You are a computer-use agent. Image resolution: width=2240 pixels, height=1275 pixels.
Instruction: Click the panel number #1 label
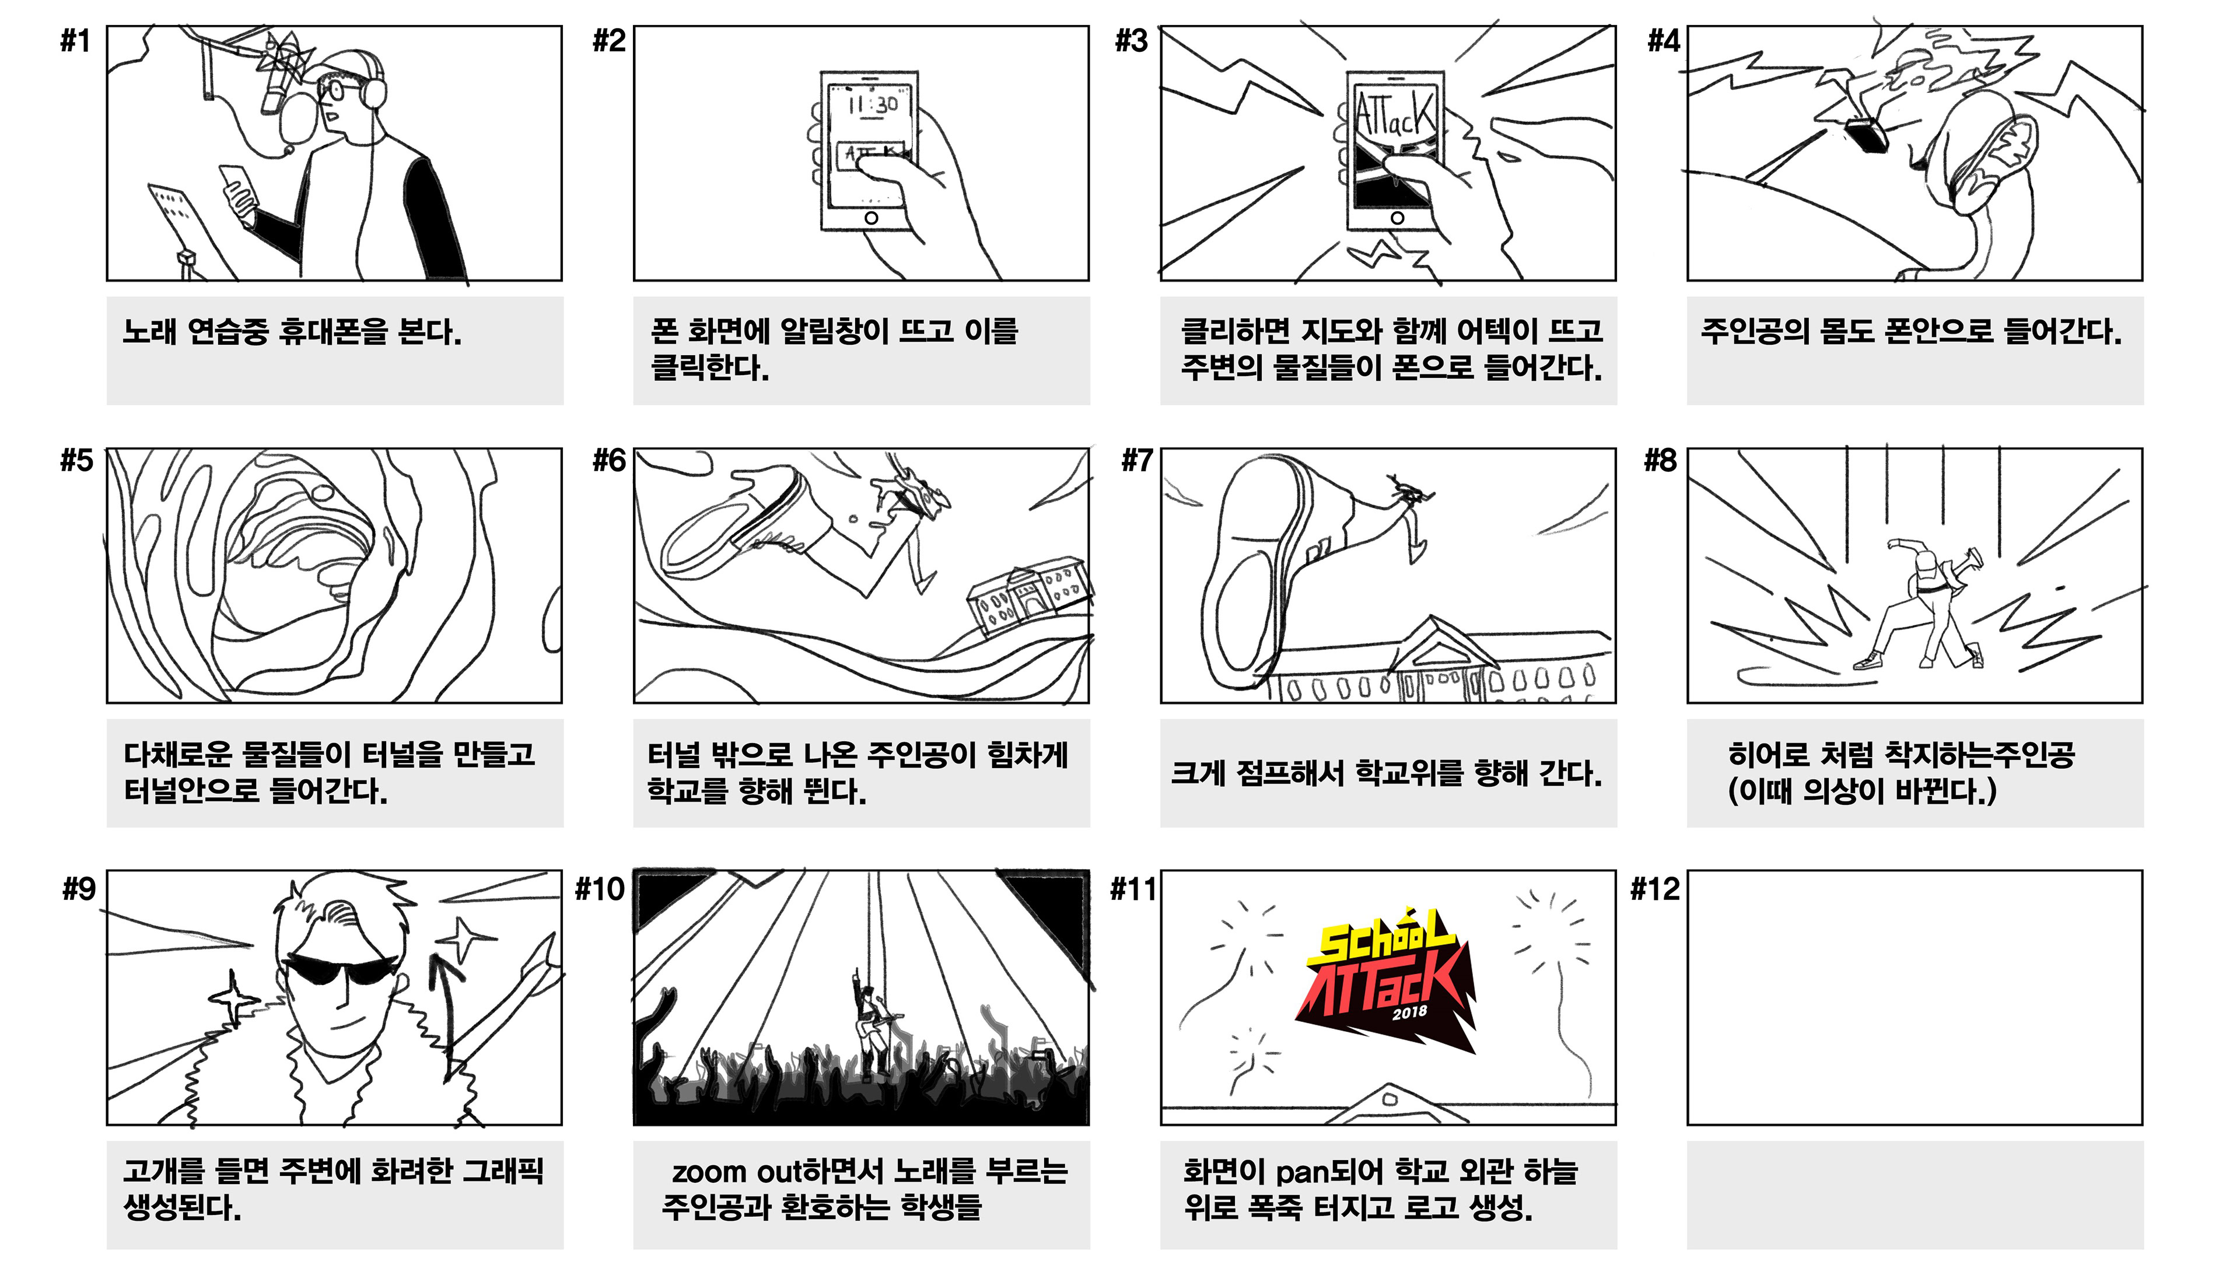pyautogui.click(x=75, y=41)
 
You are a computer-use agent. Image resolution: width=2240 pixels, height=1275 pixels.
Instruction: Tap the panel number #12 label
pyautogui.click(x=1654, y=889)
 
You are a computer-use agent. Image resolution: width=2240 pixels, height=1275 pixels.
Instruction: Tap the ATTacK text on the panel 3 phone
pyautogui.click(x=1395, y=114)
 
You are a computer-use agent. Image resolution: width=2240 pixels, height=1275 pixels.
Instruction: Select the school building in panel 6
pyautogui.click(x=1030, y=596)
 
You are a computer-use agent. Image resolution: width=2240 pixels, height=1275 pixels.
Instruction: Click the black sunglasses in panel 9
pyautogui.click(x=341, y=969)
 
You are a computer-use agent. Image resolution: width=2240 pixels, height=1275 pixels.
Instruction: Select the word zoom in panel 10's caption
pyautogui.click(x=709, y=1172)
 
